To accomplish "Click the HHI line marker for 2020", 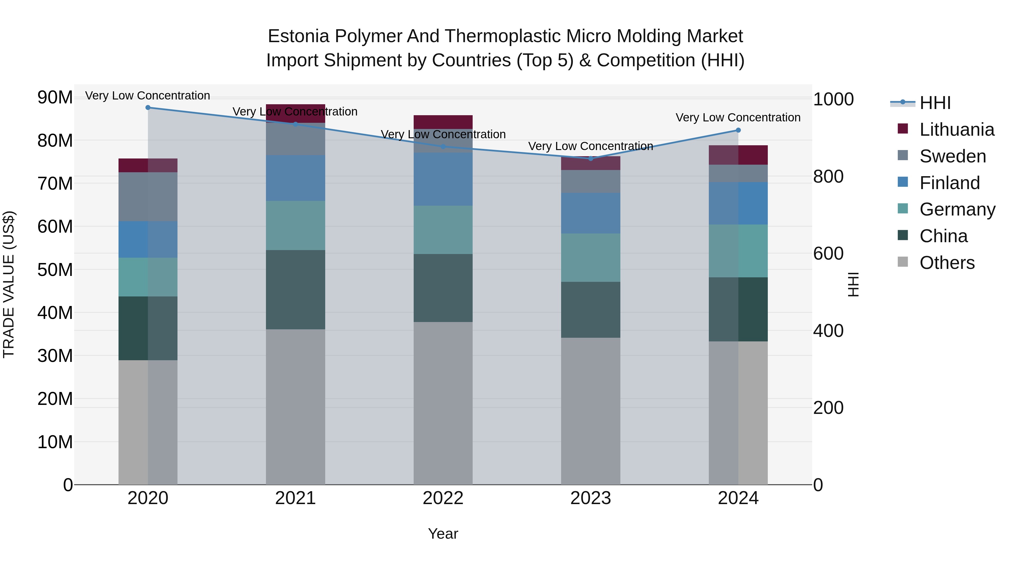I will pyautogui.click(x=148, y=108).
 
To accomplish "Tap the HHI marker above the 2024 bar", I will pyautogui.click(x=738, y=130).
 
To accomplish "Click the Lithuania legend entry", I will pyautogui.click(x=957, y=130).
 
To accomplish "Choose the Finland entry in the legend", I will pyautogui.click(x=949, y=183).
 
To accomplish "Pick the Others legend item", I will pyautogui.click(x=947, y=263).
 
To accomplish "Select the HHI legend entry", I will pyautogui.click(x=935, y=103).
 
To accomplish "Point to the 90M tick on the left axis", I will pyautogui.click(x=55, y=98).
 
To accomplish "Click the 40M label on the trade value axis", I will pyautogui.click(x=55, y=313).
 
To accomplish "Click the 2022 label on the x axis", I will pyautogui.click(x=443, y=498).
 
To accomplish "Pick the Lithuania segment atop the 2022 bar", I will pyautogui.click(x=443, y=122).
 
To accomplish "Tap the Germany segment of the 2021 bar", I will pyautogui.click(x=295, y=225).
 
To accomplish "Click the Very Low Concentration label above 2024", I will pyautogui.click(x=738, y=117).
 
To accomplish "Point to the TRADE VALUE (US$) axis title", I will pyautogui.click(x=9, y=284).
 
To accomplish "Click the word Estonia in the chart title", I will pyautogui.click(x=298, y=37).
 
